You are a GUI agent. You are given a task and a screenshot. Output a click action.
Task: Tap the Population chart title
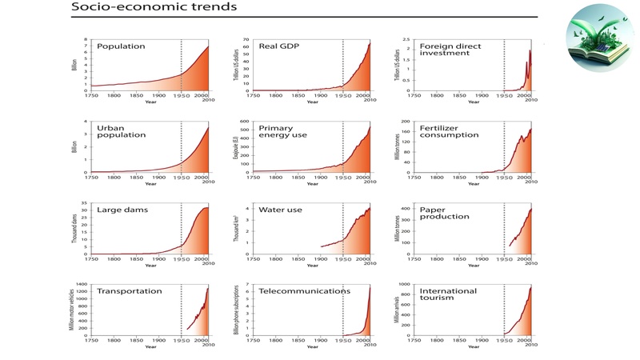[121, 46]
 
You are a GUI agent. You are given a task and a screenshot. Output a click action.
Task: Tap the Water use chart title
[280, 210]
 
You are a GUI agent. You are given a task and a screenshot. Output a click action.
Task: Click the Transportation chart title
[129, 291]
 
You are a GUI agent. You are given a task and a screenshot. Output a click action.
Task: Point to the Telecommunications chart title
[304, 291]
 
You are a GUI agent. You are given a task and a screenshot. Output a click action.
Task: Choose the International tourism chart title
[448, 296]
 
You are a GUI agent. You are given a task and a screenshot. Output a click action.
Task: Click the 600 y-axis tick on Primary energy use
[245, 122]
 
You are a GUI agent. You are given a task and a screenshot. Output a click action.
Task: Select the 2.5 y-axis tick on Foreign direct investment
[405, 39]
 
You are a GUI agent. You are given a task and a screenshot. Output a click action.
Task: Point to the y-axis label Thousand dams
[74, 228]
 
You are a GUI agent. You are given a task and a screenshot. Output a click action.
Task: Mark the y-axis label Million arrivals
[396, 310]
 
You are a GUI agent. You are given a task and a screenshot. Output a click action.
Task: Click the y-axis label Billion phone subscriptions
[236, 310]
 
